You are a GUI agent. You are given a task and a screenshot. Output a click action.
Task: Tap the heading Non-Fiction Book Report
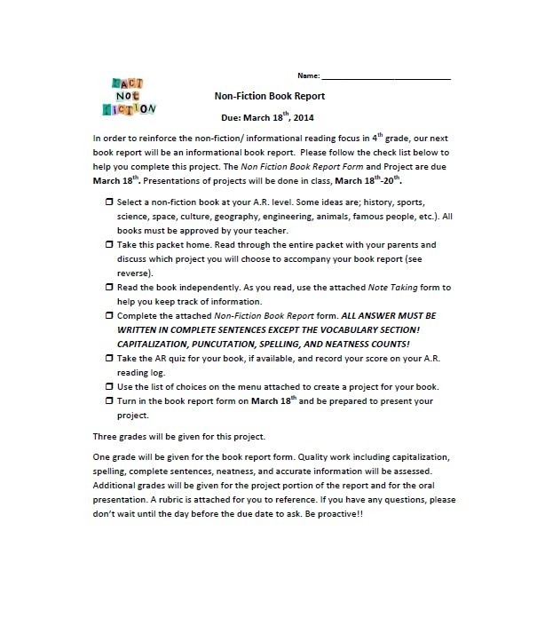coord(270,96)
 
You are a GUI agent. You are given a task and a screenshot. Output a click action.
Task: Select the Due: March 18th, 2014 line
coord(266,116)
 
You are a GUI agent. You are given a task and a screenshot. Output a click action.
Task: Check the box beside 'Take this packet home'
coord(108,243)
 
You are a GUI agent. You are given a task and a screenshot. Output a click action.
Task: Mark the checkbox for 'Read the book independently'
coord(108,288)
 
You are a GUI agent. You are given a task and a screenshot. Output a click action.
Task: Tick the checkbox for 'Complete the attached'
coord(108,315)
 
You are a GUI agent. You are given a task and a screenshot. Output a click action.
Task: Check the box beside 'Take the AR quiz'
coord(108,359)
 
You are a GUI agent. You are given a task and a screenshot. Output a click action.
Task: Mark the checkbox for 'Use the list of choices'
coord(108,387)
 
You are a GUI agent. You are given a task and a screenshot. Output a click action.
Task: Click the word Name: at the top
coord(307,75)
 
